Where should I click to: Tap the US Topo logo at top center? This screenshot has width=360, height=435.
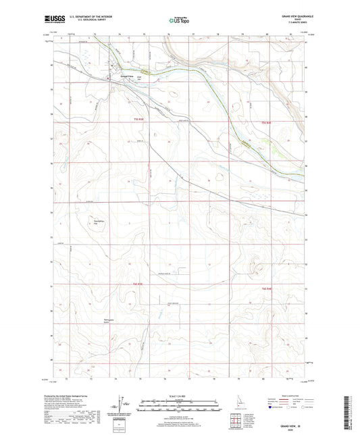(x=179, y=20)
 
